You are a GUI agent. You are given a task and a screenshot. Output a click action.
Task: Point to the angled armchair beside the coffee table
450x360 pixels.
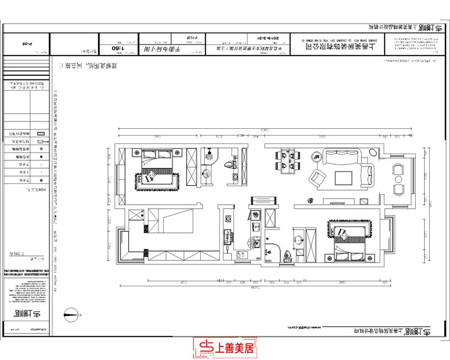(317, 179)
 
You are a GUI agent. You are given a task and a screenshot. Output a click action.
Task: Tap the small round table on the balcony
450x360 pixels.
(398, 179)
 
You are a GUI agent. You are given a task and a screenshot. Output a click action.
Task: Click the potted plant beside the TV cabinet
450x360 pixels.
(309, 200)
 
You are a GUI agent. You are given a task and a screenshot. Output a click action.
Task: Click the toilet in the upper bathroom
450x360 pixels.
(228, 165)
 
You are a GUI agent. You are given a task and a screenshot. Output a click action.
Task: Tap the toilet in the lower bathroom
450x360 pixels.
(287, 256)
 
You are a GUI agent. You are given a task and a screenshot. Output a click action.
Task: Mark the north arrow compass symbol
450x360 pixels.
(70, 314)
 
